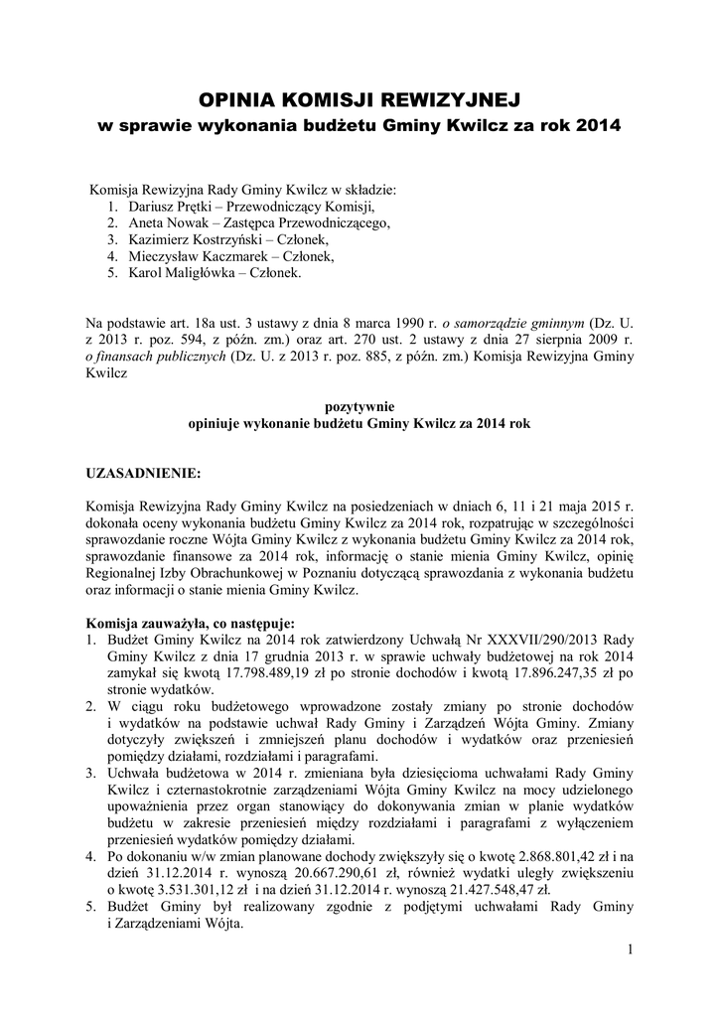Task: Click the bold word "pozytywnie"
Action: [x=360, y=405]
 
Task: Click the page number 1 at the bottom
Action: [x=630, y=950]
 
